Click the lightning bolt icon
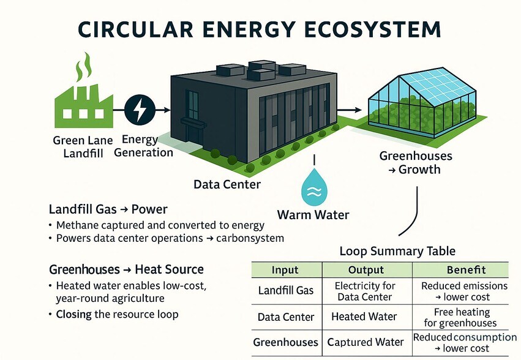[140, 110]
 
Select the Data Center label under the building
[227, 184]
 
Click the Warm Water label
[313, 215]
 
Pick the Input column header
[285, 270]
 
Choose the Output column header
[366, 270]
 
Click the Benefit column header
[466, 270]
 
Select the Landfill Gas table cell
[286, 291]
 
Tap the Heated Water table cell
[364, 317]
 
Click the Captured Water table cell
[365, 342]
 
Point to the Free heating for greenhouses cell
[460, 318]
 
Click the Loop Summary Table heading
[397, 251]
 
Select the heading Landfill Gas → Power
[108, 209]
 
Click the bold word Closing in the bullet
[73, 314]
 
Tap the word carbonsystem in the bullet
[250, 238]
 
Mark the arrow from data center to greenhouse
[349, 110]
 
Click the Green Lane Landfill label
[83, 146]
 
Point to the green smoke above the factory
[84, 66]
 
